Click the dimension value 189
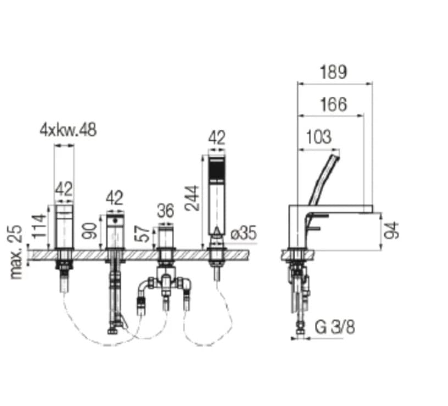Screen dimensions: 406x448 (x=333, y=72)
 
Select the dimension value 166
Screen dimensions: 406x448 (x=333, y=104)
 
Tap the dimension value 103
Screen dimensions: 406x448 (x=318, y=137)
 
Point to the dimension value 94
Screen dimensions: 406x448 (x=391, y=230)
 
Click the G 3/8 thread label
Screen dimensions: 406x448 (x=335, y=328)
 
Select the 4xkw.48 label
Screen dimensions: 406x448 (x=67, y=130)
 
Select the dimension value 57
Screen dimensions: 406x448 (x=141, y=235)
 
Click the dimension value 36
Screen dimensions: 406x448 (x=165, y=210)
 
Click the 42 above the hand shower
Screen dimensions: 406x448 (x=217, y=138)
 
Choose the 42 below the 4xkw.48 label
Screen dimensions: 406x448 (x=64, y=190)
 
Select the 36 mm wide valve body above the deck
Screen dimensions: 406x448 (x=165, y=237)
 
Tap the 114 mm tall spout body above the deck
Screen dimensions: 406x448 (x=64, y=226)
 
